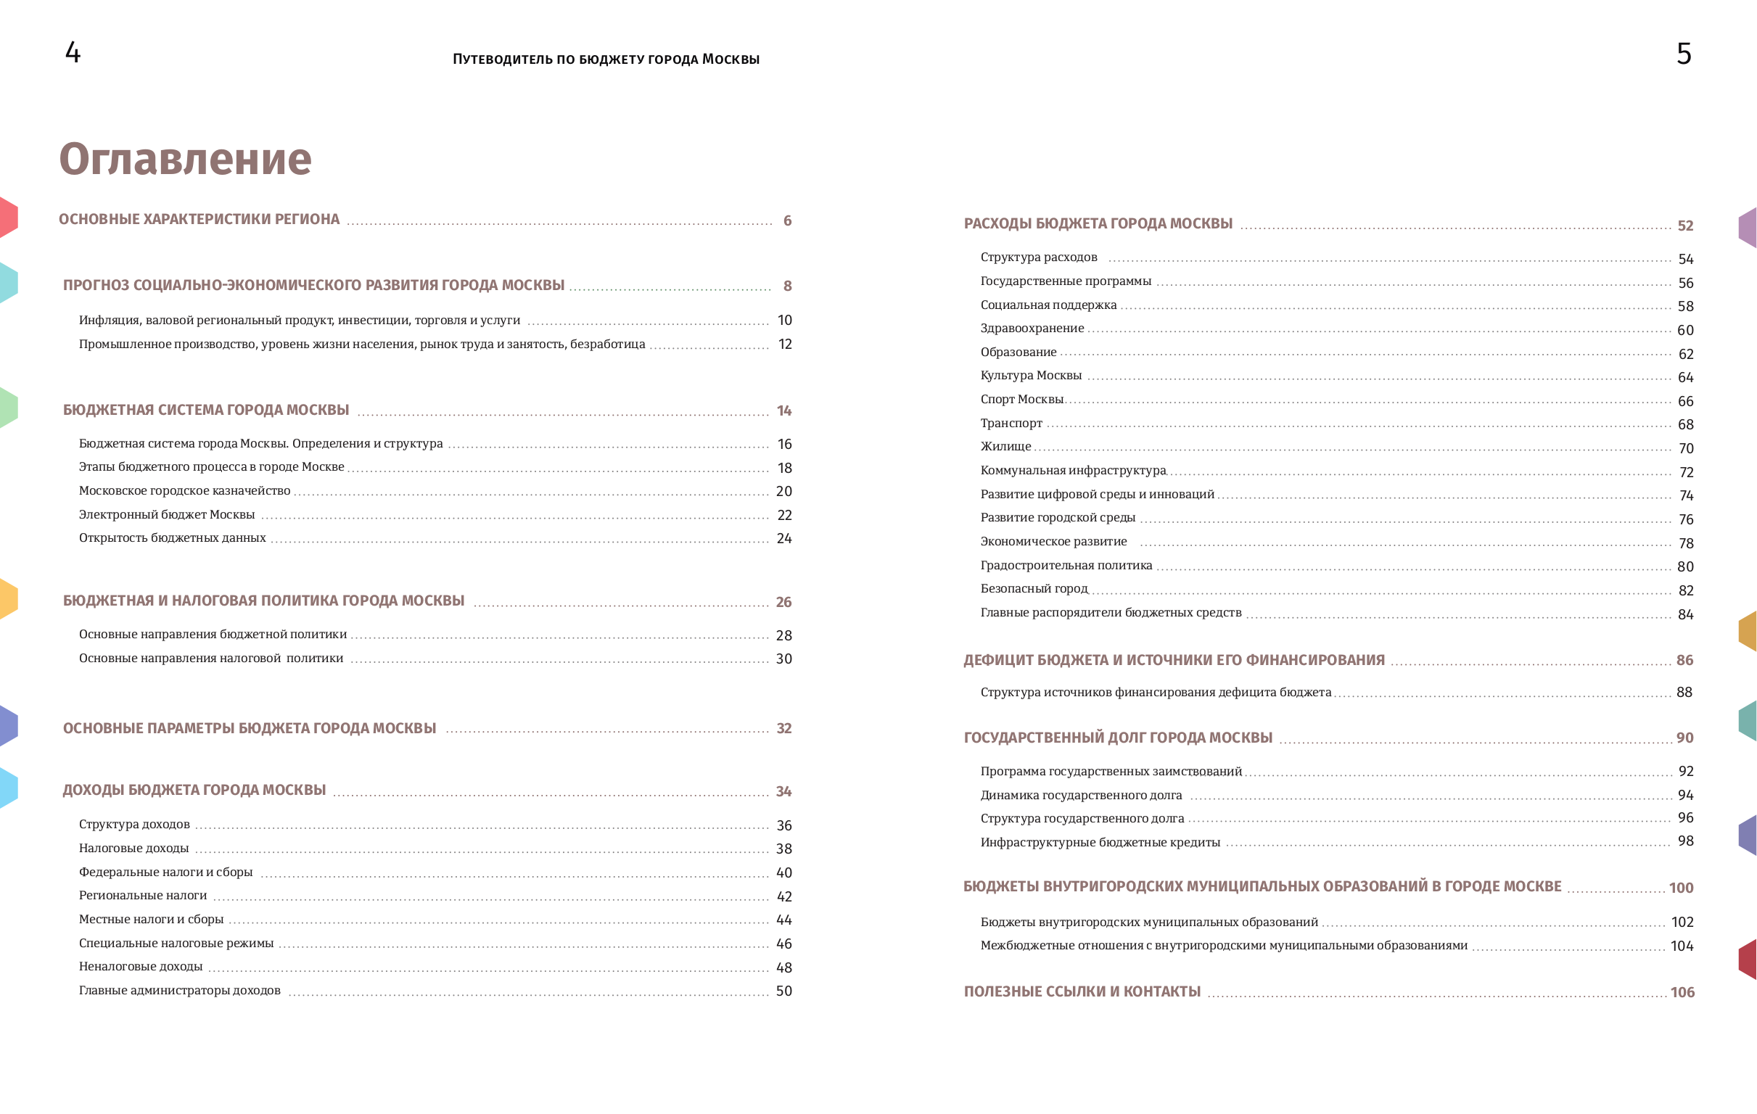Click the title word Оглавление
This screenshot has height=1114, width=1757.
pyautogui.click(x=184, y=159)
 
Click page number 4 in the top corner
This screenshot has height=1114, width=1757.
pyautogui.click(x=73, y=52)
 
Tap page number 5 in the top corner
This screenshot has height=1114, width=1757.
pyautogui.click(x=1683, y=54)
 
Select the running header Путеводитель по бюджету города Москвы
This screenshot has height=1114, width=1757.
pyautogui.click(x=606, y=59)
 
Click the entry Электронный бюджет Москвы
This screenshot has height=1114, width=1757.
pyautogui.click(x=166, y=514)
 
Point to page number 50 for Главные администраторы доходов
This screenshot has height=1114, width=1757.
pyautogui.click(x=783, y=991)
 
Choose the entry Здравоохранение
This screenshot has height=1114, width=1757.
pyautogui.click(x=1032, y=329)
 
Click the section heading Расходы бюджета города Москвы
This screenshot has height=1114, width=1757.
pyautogui.click(x=1098, y=223)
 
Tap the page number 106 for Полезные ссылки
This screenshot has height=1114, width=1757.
pyautogui.click(x=1682, y=992)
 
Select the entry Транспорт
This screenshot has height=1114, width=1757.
pyautogui.click(x=1011, y=423)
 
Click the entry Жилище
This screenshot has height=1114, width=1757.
pyautogui.click(x=1005, y=447)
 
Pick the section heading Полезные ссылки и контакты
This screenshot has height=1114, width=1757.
pyautogui.click(x=1082, y=991)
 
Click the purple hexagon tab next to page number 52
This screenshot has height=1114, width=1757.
pyautogui.click(x=1748, y=228)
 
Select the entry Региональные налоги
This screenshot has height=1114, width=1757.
pyautogui.click(x=142, y=895)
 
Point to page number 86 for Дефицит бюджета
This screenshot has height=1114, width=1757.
pyautogui.click(x=1684, y=660)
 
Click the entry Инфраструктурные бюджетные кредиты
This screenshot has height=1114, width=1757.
pyautogui.click(x=1100, y=842)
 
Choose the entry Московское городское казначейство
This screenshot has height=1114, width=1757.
pyautogui.click(x=184, y=491)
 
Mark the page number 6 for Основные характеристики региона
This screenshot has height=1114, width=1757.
pyautogui.click(x=787, y=220)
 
